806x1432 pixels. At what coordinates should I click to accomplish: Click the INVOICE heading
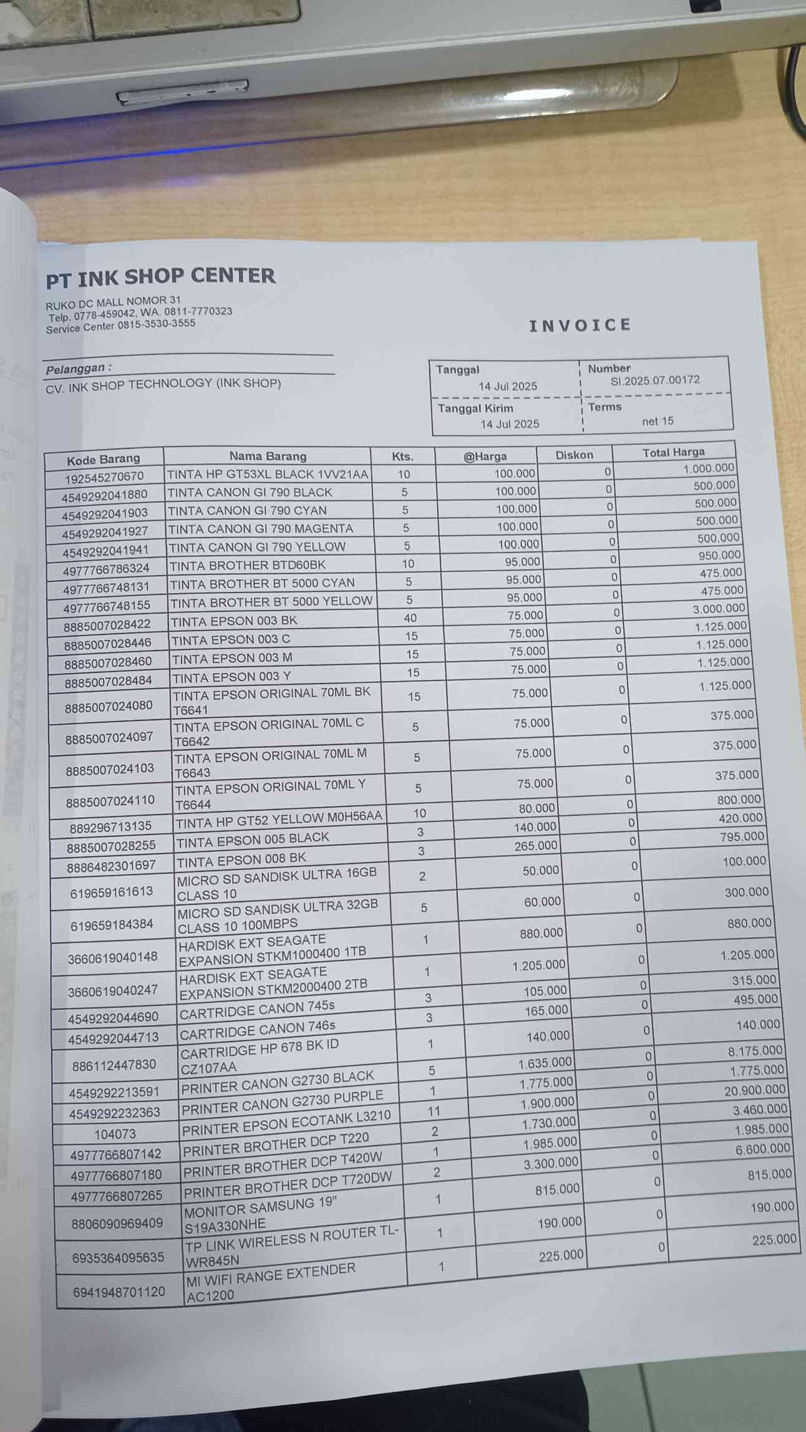[x=580, y=325]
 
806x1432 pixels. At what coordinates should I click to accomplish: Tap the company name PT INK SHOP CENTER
[x=160, y=277]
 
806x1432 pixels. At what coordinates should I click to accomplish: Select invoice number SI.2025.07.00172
[x=655, y=380]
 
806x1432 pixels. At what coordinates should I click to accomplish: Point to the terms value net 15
[x=658, y=421]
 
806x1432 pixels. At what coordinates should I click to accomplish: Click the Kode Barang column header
[x=103, y=460]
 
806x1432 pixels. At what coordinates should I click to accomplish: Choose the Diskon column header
[x=574, y=455]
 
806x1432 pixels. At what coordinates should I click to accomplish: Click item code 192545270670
[x=104, y=477]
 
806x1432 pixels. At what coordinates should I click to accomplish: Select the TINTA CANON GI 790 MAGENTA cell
[x=261, y=528]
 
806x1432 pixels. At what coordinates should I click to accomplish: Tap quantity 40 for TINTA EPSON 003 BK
[x=410, y=618]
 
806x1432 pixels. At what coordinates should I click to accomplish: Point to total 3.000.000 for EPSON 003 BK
[x=719, y=608]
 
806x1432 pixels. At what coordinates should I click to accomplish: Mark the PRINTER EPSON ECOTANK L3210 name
[x=286, y=1123]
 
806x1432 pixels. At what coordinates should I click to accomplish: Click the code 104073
[x=115, y=1134]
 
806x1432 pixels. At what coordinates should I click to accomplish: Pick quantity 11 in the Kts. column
[x=434, y=1110]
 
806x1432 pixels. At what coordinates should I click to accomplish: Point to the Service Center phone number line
[x=120, y=326]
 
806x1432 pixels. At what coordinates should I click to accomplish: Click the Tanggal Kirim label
[x=475, y=409]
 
